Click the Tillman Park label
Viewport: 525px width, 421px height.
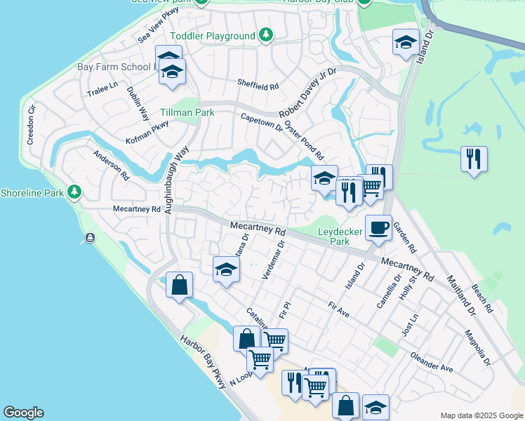(x=186, y=112)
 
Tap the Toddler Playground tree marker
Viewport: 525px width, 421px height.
(x=265, y=35)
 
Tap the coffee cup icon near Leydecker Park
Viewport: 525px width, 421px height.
(x=378, y=228)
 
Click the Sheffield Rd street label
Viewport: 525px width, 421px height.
(x=258, y=85)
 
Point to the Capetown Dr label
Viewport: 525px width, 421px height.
(x=261, y=123)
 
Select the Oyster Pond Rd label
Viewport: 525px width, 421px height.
(x=304, y=140)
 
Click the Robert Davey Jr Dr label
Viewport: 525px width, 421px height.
(x=308, y=92)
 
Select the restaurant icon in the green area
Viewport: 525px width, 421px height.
(x=474, y=159)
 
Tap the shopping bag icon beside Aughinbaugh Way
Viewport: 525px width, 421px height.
(x=180, y=285)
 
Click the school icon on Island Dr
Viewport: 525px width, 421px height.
(x=406, y=42)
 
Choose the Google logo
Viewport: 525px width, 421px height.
(x=23, y=413)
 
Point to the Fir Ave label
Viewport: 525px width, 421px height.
(x=338, y=309)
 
